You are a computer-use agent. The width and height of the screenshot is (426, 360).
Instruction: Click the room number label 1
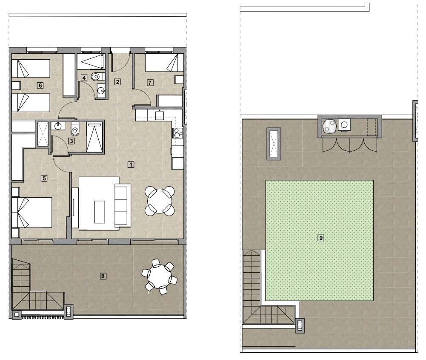coord(131,164)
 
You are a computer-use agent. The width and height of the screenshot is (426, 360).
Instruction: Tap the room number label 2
coord(117,82)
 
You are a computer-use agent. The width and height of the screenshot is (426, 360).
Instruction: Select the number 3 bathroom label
coord(71,141)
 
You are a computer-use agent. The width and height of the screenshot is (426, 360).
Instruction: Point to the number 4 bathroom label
coord(84,78)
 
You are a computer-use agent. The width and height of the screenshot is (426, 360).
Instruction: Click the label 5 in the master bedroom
coord(44,179)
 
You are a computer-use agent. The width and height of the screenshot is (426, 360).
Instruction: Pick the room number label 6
coord(40,86)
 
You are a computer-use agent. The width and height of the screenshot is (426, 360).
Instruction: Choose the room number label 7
coord(150,82)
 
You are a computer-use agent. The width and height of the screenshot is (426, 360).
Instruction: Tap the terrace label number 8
coord(103,276)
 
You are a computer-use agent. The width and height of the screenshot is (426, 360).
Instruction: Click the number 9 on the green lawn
coord(321,238)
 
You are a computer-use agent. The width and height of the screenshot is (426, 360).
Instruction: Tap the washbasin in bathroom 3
coord(58,126)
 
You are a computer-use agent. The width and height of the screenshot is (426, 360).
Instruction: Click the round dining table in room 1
coord(160,201)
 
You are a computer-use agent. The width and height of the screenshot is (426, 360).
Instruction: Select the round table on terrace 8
coord(160,277)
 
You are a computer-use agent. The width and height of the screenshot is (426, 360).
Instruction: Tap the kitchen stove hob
coord(177,133)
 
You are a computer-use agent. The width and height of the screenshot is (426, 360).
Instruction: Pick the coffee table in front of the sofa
coord(100,212)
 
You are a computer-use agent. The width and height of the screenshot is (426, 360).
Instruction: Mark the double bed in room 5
coord(32,212)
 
